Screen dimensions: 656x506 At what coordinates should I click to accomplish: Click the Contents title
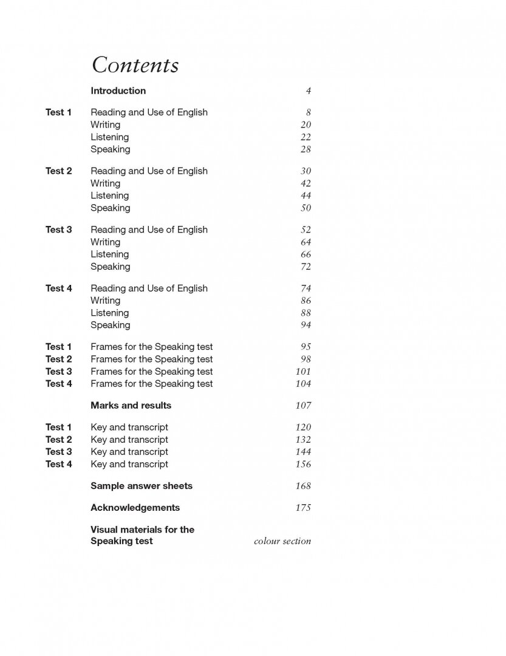(x=135, y=65)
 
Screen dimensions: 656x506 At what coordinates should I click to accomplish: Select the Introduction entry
(x=118, y=91)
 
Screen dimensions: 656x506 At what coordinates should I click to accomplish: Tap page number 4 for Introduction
(x=308, y=91)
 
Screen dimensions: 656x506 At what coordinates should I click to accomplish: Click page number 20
(x=306, y=125)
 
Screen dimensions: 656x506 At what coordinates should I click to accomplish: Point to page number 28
(x=306, y=149)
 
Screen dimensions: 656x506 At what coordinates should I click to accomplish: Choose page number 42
(x=306, y=183)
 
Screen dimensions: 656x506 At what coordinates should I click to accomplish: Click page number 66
(x=306, y=255)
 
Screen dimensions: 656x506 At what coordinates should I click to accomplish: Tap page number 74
(x=306, y=289)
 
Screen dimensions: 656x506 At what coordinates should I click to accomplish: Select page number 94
(x=306, y=326)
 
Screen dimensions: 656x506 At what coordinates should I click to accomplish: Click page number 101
(x=303, y=372)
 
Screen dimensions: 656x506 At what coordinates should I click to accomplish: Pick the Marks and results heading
(x=131, y=406)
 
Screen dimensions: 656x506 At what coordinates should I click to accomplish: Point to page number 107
(x=303, y=406)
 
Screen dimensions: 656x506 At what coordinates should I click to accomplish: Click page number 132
(x=303, y=440)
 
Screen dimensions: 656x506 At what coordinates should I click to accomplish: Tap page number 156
(x=303, y=465)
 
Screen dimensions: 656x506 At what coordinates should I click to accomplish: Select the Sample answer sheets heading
(x=142, y=486)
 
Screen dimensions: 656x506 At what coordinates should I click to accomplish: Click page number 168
(x=303, y=486)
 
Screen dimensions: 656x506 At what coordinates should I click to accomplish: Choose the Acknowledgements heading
(x=135, y=508)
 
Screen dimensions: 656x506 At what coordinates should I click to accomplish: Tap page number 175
(x=303, y=508)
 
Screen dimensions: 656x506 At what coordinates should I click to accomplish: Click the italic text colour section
(x=282, y=541)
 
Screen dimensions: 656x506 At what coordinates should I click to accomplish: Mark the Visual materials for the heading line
(x=142, y=530)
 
